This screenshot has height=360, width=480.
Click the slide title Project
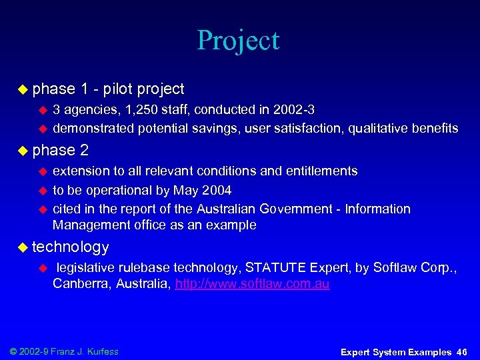point(238,41)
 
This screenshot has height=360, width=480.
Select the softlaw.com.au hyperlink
point(252,285)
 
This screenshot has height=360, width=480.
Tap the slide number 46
point(462,352)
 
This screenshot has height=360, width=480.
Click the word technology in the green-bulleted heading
point(70,247)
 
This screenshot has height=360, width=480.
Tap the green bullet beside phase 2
point(23,150)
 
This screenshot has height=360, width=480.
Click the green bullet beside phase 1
point(23,89)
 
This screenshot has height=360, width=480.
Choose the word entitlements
point(321,171)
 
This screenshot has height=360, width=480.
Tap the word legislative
point(85,268)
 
